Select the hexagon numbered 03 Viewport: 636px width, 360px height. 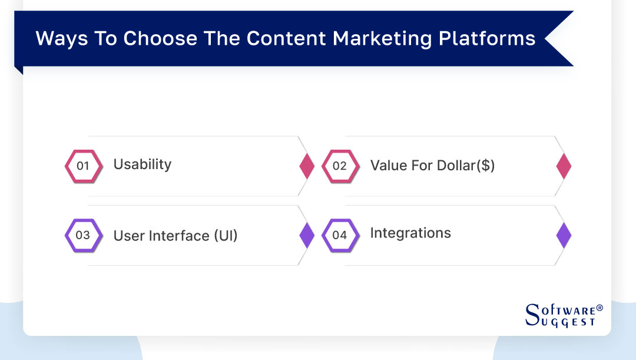[83, 235]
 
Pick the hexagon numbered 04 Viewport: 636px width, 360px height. [340, 235]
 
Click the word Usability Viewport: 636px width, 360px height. [142, 164]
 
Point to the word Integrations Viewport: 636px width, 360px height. [410, 233]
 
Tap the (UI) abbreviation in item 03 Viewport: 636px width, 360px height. [226, 236]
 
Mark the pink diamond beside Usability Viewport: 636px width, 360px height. [307, 166]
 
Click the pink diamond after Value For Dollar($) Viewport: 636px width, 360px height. [564, 166]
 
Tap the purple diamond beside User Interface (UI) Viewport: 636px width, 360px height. [307, 235]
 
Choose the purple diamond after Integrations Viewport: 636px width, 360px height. [564, 235]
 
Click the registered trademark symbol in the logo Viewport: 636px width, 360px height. [599, 308]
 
